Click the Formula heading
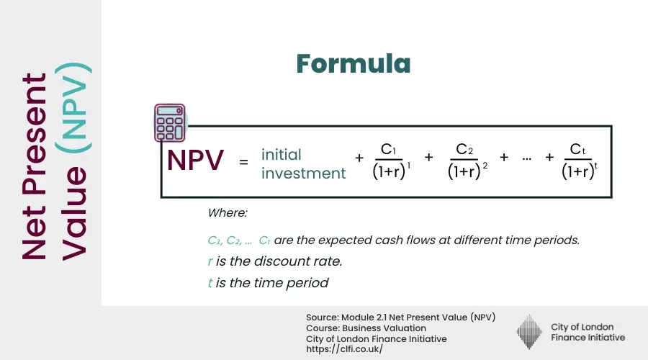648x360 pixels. (x=354, y=63)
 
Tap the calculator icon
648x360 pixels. (x=170, y=123)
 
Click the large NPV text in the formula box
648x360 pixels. (x=195, y=160)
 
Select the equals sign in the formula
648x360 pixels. (x=243, y=161)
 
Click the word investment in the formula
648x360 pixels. (x=303, y=174)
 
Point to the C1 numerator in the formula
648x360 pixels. (x=388, y=149)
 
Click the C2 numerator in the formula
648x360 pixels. (x=464, y=149)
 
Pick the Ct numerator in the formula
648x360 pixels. (x=577, y=149)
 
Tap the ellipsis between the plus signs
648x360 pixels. (x=526, y=158)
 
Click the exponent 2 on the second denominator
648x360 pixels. (x=485, y=166)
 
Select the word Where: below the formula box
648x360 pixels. (x=228, y=213)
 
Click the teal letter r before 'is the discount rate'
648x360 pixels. (x=210, y=261)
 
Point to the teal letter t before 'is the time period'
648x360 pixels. (x=210, y=283)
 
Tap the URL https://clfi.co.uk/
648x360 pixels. (x=344, y=349)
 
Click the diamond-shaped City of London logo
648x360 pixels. (x=529, y=332)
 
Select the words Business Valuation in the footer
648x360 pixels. (x=384, y=328)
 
